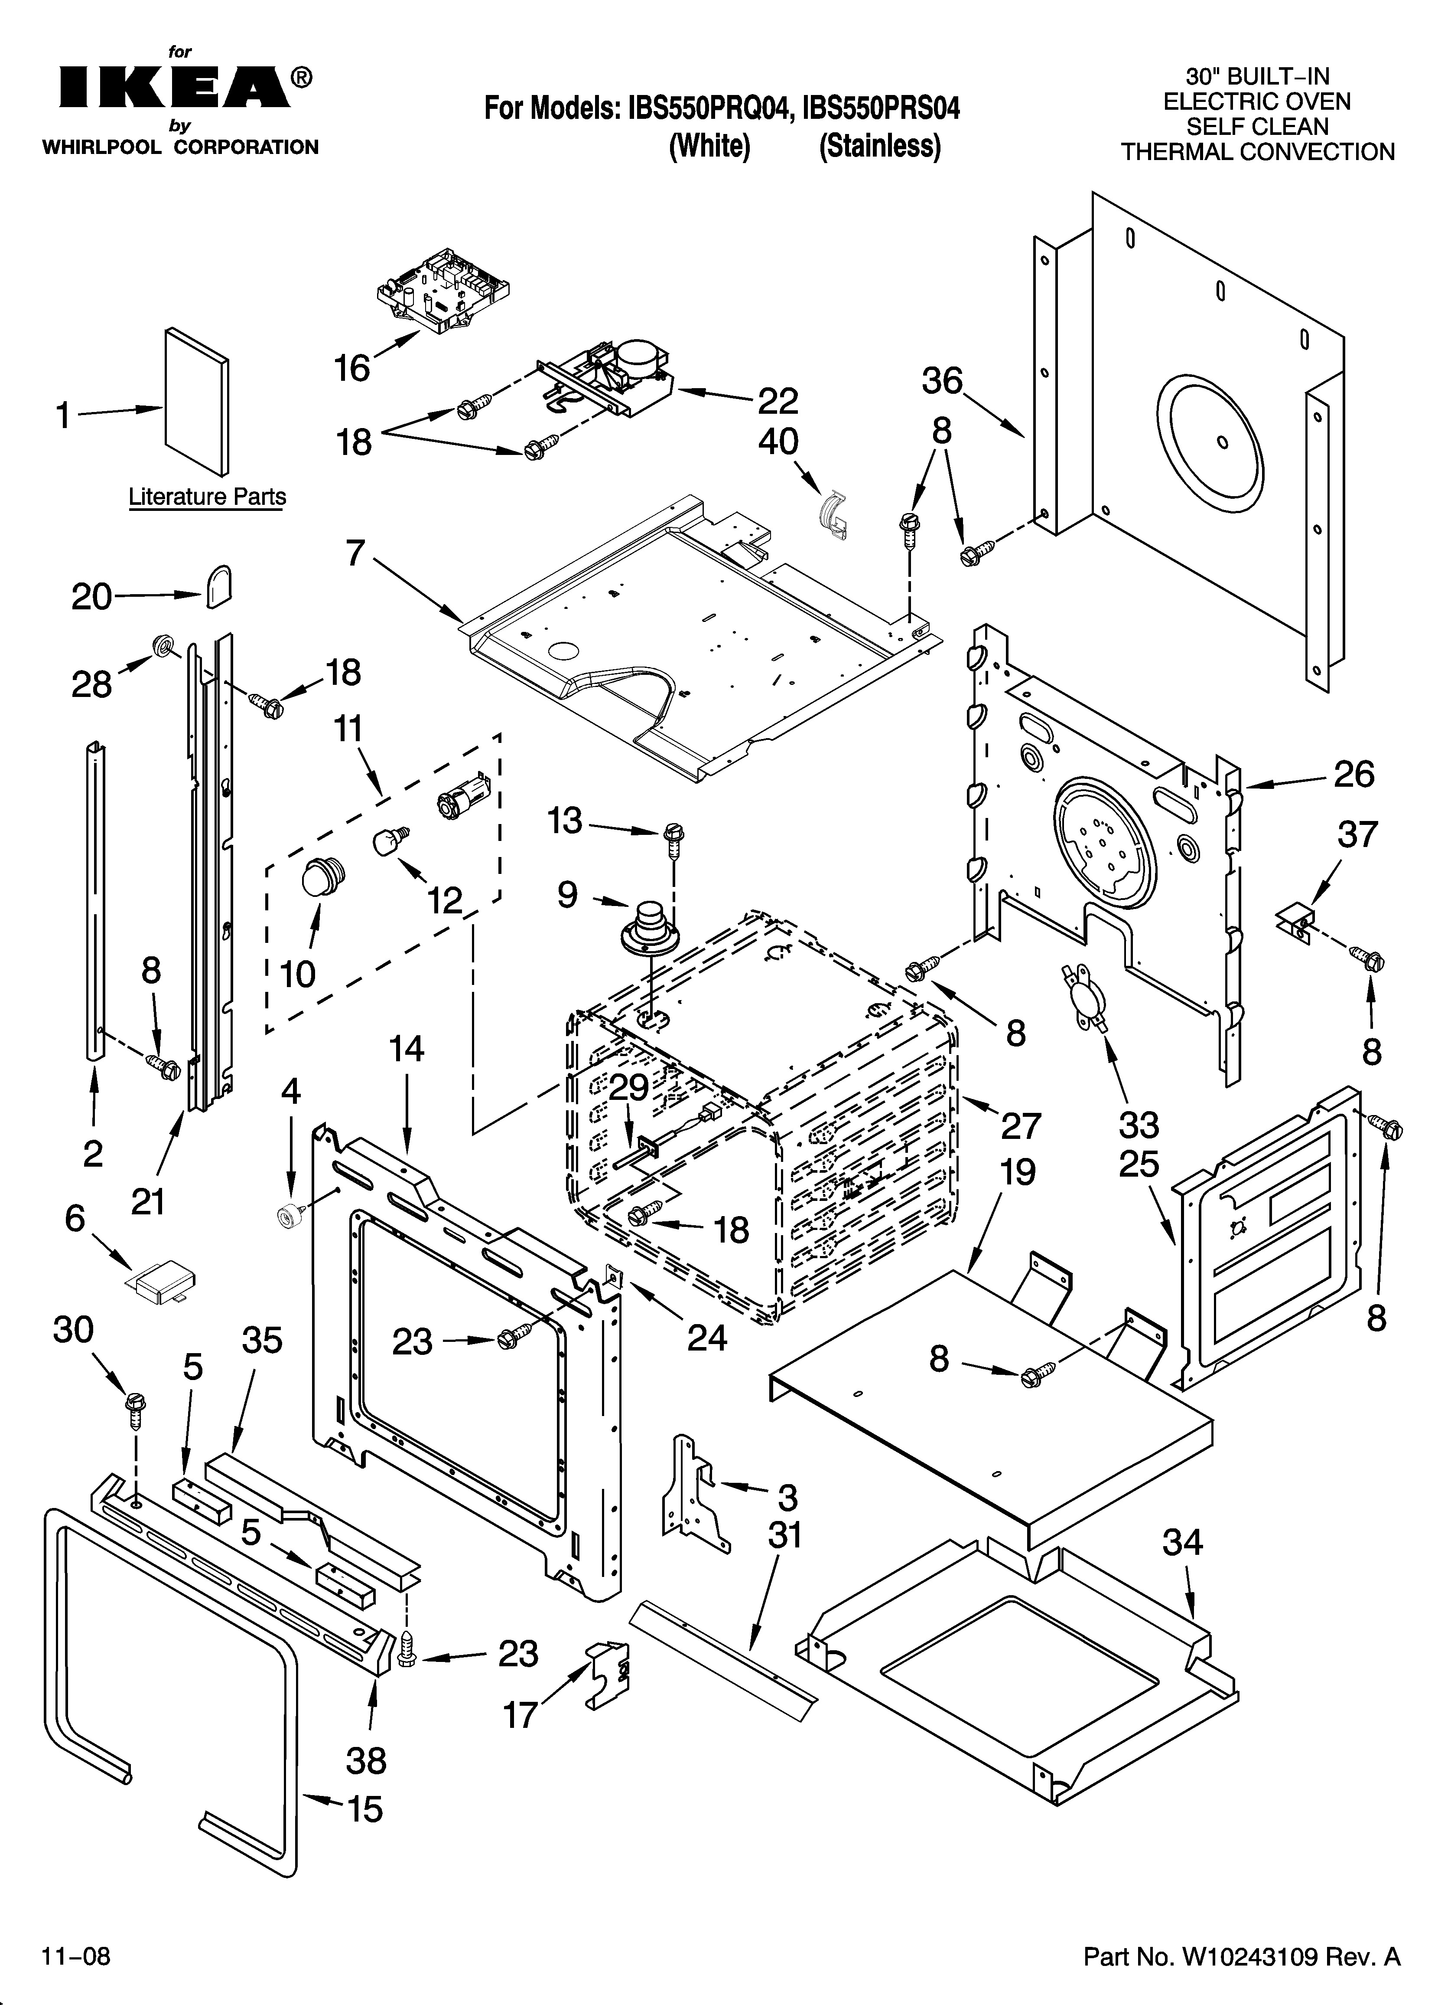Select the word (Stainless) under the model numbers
[879, 146]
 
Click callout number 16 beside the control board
[352, 368]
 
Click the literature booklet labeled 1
[196, 402]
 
